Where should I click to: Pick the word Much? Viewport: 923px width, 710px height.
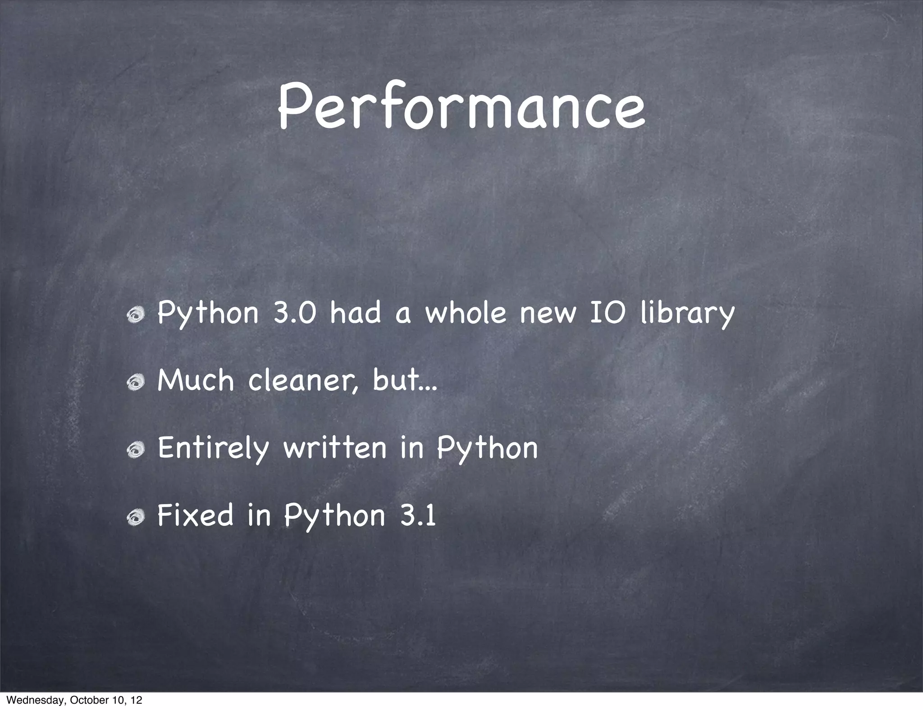[x=196, y=380]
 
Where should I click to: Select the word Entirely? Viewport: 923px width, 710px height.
[x=213, y=449]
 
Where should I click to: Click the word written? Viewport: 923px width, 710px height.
[x=335, y=448]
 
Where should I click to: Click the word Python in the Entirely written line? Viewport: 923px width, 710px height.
[x=487, y=449]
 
